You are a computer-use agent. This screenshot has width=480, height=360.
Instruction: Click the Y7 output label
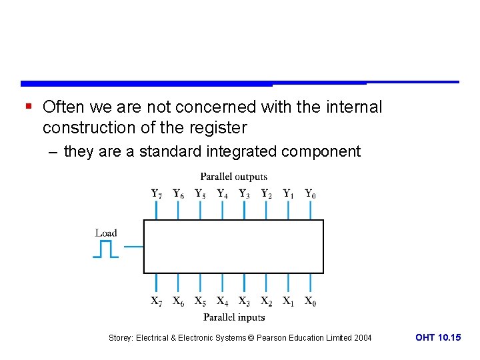[x=156, y=194]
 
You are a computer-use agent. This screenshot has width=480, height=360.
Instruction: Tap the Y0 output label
[x=311, y=194]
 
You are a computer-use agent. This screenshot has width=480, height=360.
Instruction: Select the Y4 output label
[x=222, y=194]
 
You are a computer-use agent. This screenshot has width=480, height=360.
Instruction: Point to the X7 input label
[x=156, y=301]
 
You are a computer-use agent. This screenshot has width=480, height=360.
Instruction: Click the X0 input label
[x=311, y=301]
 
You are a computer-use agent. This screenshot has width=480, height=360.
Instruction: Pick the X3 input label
[x=245, y=301]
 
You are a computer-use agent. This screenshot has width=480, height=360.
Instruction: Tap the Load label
[x=106, y=233]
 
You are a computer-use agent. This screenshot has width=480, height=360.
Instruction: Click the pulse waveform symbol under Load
[x=105, y=249]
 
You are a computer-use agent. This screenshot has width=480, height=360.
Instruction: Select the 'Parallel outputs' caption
[x=233, y=177]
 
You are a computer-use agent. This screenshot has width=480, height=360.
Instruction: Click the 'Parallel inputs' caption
[x=234, y=317]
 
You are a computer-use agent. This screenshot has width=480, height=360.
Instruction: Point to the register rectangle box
[x=233, y=247]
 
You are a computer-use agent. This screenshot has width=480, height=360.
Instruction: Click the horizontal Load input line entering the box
[x=134, y=247]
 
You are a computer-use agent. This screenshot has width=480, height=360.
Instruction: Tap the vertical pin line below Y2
[x=266, y=209]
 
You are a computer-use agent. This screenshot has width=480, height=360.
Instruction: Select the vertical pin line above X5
[x=200, y=283]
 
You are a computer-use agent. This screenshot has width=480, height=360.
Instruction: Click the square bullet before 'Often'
[x=28, y=107]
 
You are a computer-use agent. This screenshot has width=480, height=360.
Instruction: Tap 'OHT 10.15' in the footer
[x=437, y=338]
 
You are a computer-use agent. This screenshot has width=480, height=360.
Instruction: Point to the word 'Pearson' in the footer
[x=272, y=338]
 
